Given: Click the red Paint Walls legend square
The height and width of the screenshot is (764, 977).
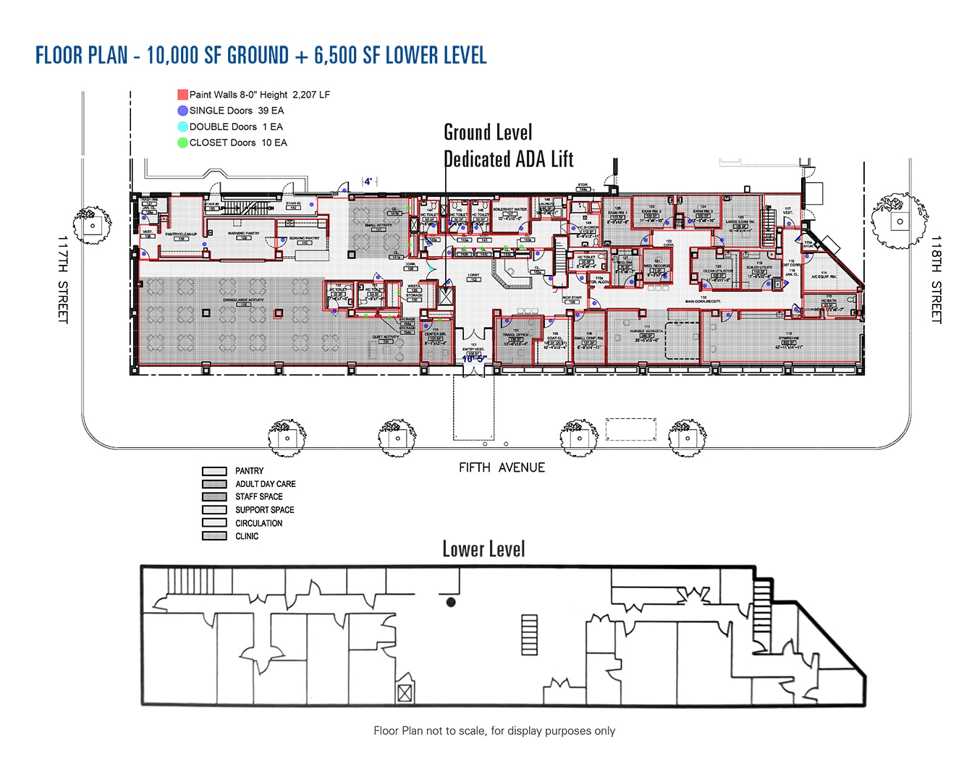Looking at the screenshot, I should click(182, 95).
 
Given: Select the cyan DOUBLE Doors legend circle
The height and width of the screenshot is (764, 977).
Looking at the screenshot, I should click(182, 127).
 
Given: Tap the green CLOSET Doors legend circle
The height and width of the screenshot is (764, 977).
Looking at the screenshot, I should click(182, 143).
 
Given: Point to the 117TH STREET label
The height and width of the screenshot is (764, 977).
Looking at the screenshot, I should click(62, 279).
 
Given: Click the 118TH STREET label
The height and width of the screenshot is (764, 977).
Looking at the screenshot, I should click(936, 279).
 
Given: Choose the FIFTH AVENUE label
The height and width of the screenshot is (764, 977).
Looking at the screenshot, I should click(502, 467).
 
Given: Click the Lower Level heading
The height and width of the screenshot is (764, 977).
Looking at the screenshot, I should click(483, 549).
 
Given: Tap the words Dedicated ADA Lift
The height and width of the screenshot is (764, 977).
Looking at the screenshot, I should click(508, 159).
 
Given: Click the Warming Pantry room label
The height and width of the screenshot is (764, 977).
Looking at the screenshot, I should click(244, 234).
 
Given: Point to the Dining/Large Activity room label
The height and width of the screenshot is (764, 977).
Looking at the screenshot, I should click(244, 300).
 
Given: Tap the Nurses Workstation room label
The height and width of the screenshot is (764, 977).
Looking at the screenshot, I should click(646, 332).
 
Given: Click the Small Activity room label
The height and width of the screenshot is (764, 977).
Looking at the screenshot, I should click(378, 226).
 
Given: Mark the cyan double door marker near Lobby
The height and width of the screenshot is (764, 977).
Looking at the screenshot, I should click(432, 268).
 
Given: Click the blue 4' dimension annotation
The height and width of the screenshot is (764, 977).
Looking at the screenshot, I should click(368, 182).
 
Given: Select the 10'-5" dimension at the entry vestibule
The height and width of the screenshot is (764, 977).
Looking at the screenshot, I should click(474, 359).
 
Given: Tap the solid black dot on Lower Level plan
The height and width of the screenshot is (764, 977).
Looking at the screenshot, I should click(451, 602).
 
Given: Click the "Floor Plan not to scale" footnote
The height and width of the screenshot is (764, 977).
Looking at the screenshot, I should click(494, 731).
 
